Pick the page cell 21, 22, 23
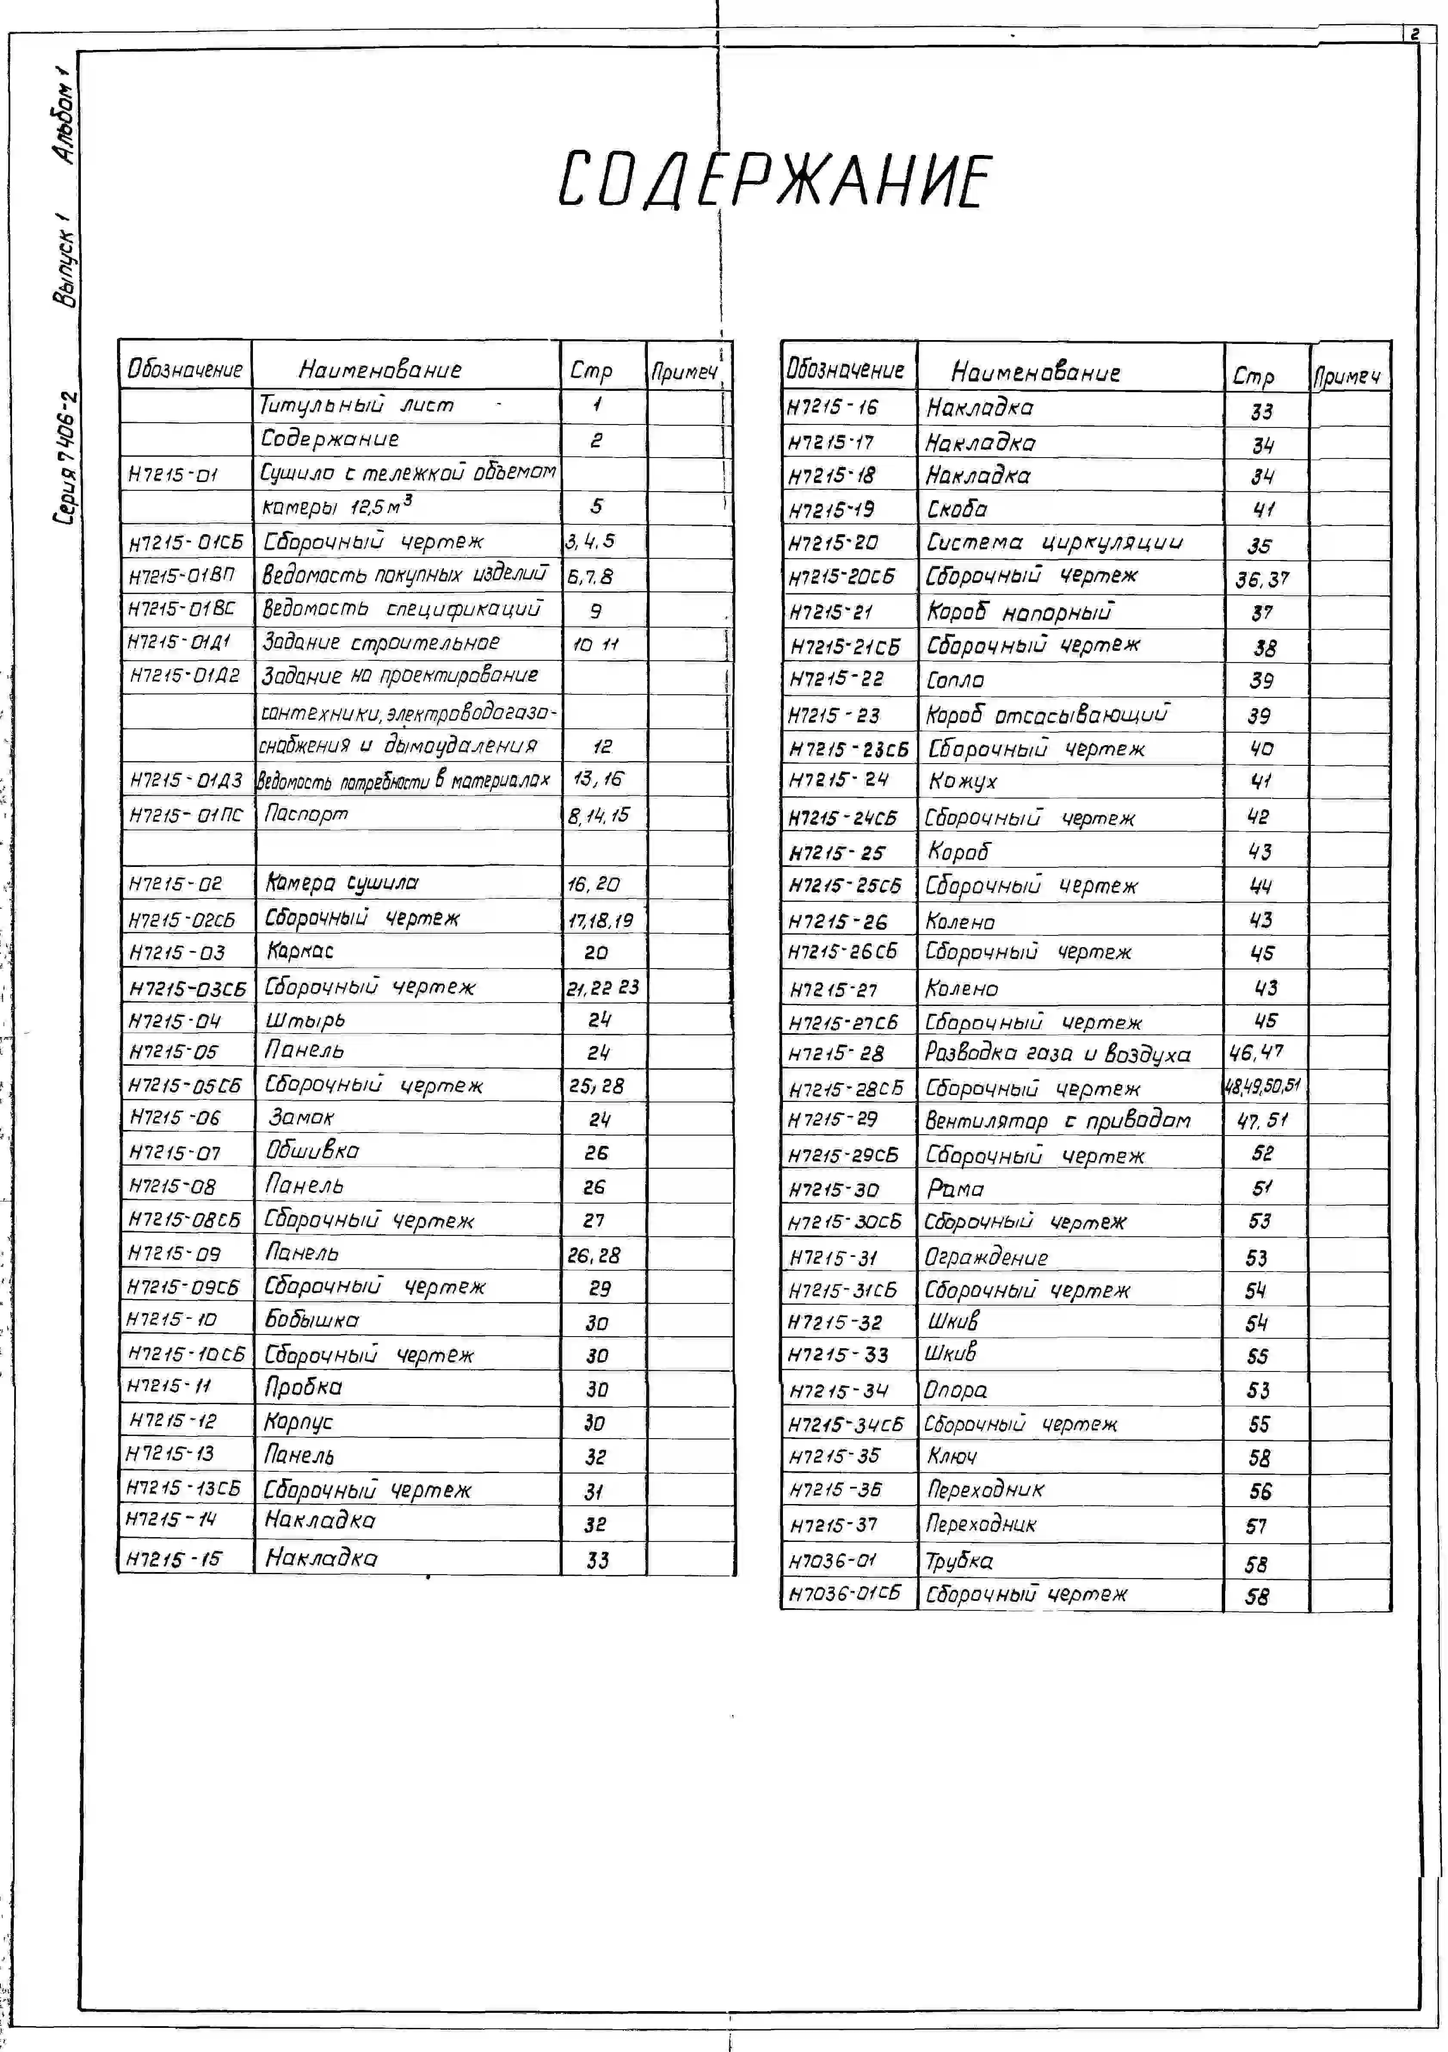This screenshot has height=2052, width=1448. tap(603, 987)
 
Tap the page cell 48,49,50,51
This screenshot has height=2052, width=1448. tap(1261, 1087)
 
